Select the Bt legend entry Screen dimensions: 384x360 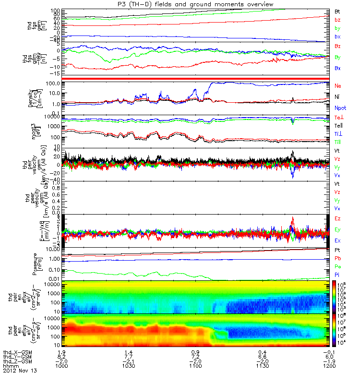coord(337,11)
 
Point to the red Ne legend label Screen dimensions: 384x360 coord(338,85)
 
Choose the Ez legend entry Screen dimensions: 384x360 coord(338,219)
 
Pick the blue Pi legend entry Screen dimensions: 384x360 coord(337,274)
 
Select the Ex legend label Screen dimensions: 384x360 coord(338,240)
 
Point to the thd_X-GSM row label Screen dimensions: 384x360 coord(16,352)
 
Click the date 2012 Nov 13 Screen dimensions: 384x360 coord(20,371)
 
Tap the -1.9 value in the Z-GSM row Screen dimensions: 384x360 coord(324,361)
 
